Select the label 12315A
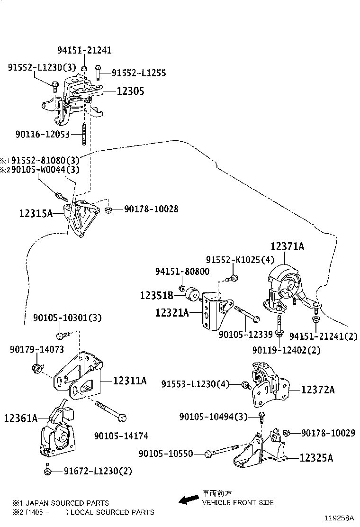(x=36, y=214)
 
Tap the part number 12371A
(x=288, y=246)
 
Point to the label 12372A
(x=318, y=390)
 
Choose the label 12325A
(x=316, y=458)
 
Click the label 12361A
(x=20, y=418)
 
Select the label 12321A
(x=172, y=312)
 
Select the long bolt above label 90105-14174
(x=110, y=410)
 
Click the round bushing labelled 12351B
(x=193, y=293)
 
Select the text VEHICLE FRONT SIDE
(x=238, y=502)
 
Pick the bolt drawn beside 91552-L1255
(x=98, y=72)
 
